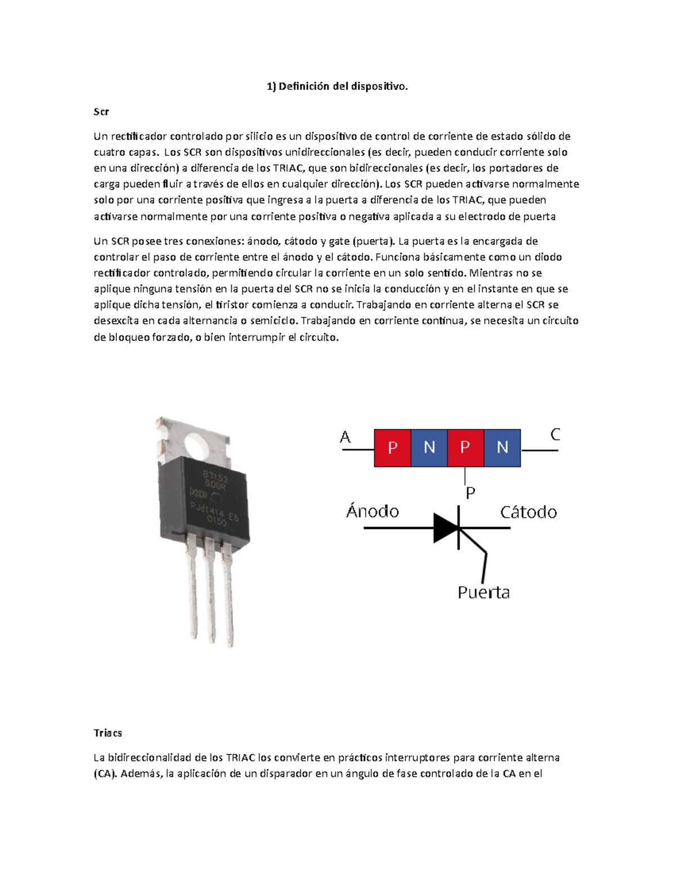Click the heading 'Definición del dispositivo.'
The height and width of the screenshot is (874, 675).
pyautogui.click(x=343, y=86)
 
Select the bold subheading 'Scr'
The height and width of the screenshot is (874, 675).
pyautogui.click(x=101, y=111)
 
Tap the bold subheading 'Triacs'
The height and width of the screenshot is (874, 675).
pyautogui.click(x=107, y=733)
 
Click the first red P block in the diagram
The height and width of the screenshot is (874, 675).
pyautogui.click(x=393, y=448)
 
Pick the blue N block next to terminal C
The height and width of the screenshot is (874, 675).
pyautogui.click(x=502, y=448)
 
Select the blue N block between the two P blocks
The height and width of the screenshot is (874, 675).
pyautogui.click(x=429, y=448)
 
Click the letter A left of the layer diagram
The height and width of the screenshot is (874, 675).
pyautogui.click(x=345, y=437)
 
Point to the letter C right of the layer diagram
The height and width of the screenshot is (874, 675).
pyautogui.click(x=555, y=434)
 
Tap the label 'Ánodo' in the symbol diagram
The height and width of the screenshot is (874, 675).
pyautogui.click(x=372, y=512)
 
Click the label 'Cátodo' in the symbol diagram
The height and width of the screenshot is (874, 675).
pyautogui.click(x=528, y=512)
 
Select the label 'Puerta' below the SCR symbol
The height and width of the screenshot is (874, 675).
pyautogui.click(x=483, y=593)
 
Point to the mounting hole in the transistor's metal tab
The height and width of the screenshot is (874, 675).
pyautogui.click(x=198, y=446)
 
